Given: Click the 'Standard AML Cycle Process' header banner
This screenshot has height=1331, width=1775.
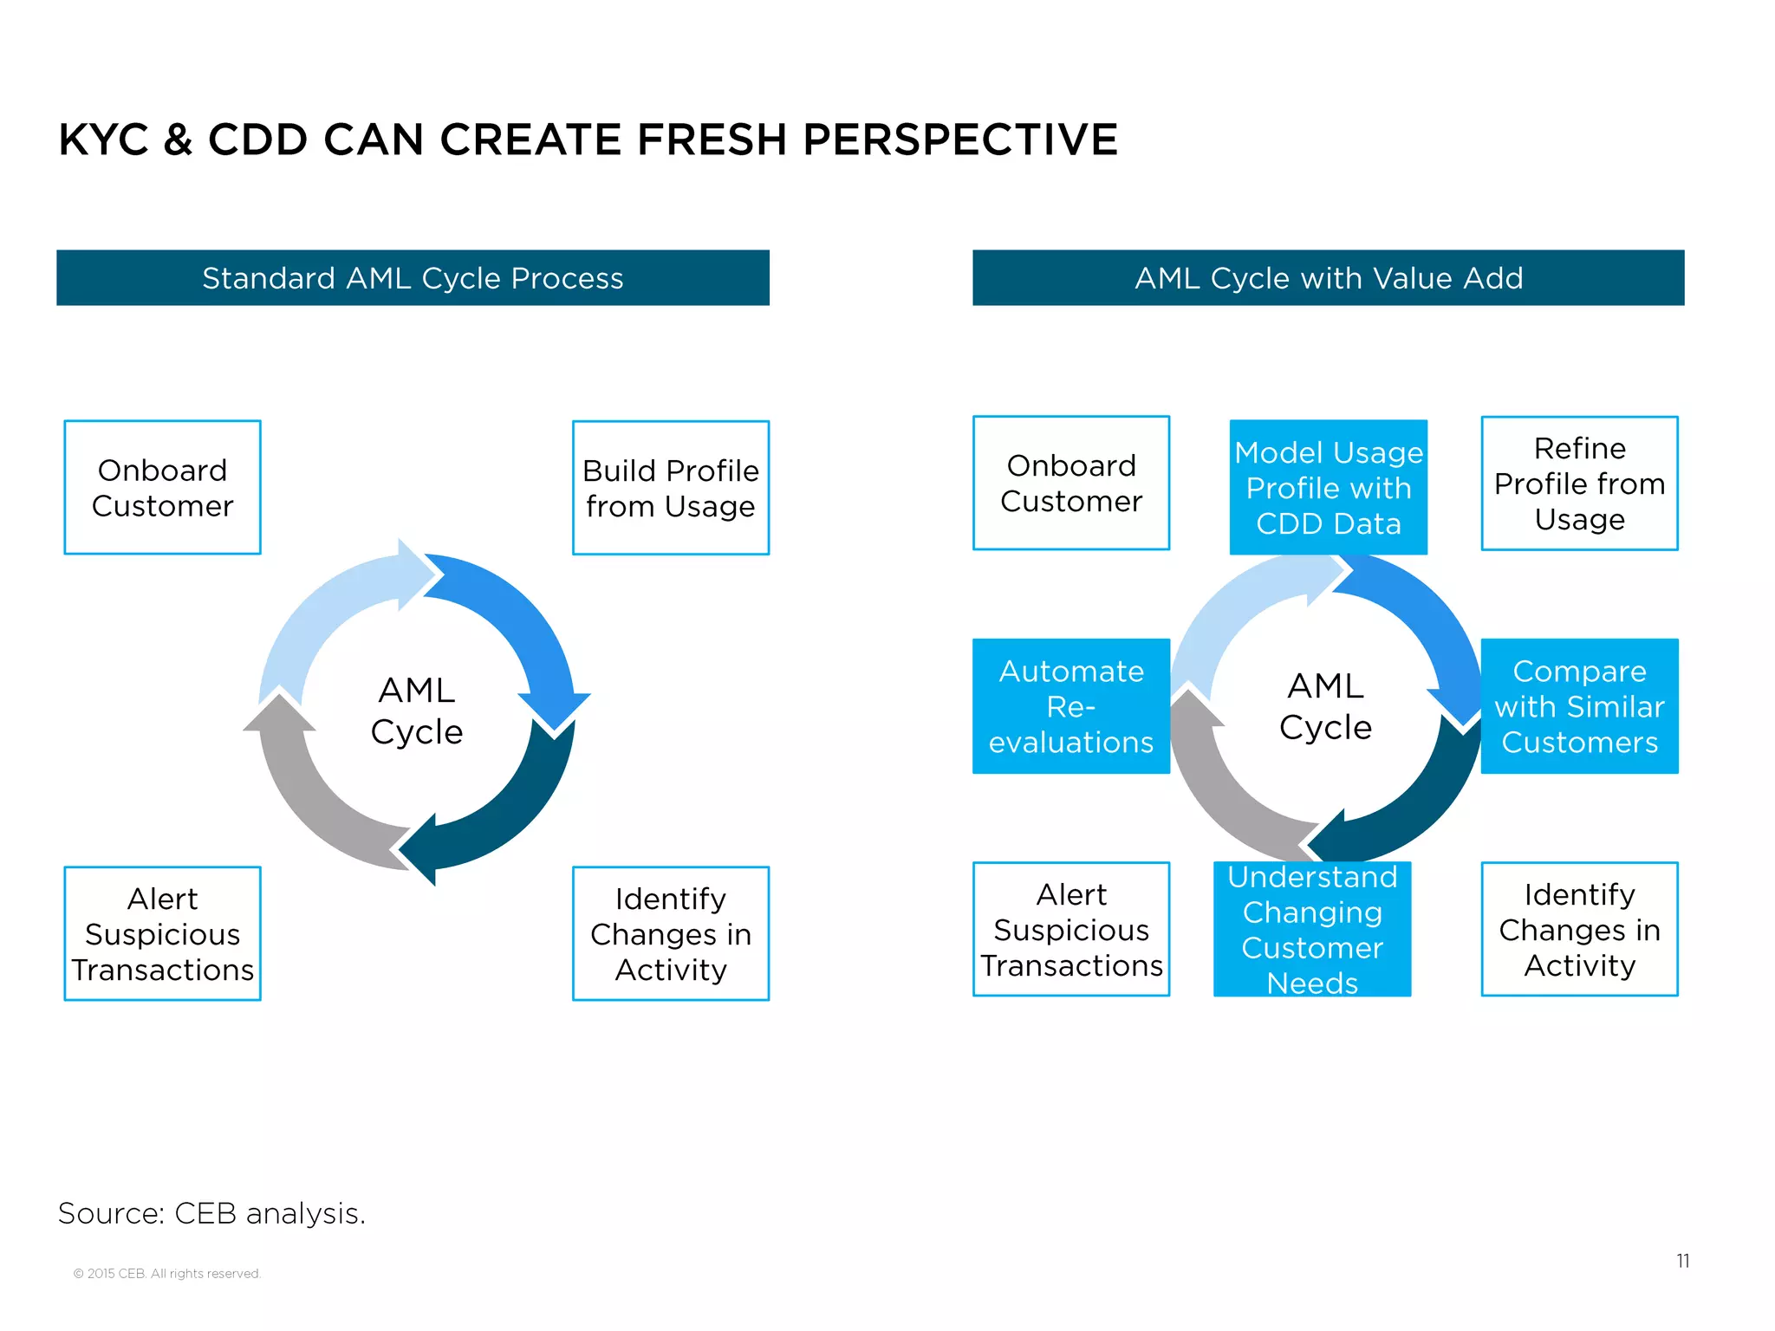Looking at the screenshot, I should (413, 278).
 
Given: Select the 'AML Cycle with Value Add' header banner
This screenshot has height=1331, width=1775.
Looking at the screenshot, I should (1328, 278).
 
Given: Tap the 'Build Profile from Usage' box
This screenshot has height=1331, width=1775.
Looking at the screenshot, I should (671, 488).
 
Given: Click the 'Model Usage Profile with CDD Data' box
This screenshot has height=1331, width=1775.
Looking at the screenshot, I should (1328, 488).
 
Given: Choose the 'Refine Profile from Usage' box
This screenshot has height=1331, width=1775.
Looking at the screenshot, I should (1579, 484).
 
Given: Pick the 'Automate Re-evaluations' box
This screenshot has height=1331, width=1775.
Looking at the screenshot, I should (1071, 706).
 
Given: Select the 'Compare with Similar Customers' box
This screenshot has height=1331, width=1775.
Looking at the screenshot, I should (1579, 706).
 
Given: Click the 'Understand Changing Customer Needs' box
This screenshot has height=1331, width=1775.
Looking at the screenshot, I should (1312, 929).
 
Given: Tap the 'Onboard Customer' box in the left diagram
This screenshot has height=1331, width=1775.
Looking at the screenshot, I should (163, 488).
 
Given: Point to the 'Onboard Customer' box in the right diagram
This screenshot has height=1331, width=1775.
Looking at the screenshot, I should (1071, 484).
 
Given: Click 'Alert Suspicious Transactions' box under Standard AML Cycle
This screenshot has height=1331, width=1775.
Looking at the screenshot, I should (163, 933).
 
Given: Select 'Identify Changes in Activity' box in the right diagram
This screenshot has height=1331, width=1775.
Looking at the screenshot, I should (1579, 929).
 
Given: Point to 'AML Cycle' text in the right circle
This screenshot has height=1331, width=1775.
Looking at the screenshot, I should (1325, 706).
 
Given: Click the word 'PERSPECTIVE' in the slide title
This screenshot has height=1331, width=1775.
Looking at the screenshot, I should (960, 140).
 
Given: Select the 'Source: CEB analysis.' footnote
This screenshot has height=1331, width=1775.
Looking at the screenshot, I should (211, 1213).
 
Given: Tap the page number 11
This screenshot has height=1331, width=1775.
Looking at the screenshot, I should (1682, 1261).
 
